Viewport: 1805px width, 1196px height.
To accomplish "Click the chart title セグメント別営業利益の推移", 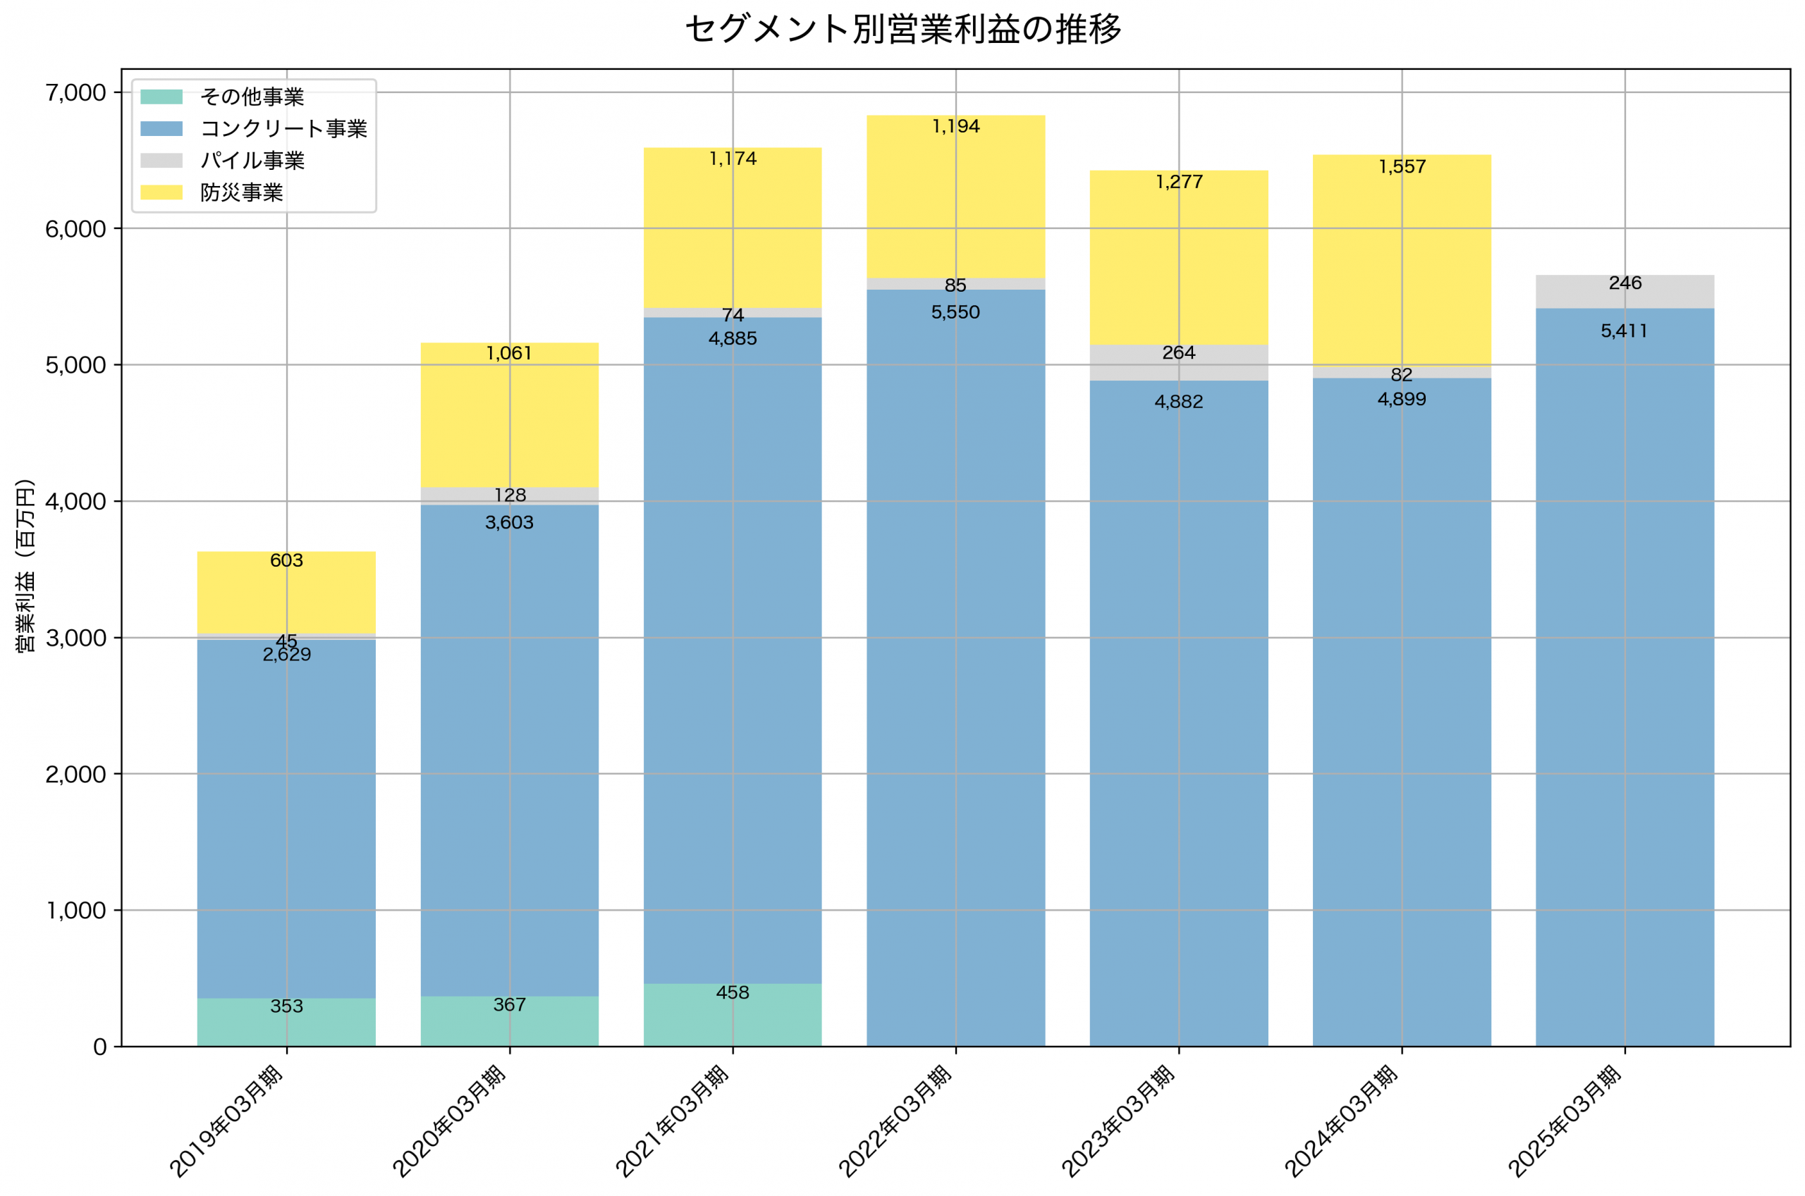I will (x=902, y=30).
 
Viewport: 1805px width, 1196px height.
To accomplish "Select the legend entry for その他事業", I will (x=252, y=97).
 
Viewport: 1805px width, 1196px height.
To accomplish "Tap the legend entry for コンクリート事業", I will (x=283, y=129).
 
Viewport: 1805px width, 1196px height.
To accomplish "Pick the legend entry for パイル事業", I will (x=252, y=161).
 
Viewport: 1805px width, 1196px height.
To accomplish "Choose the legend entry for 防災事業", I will (x=241, y=193).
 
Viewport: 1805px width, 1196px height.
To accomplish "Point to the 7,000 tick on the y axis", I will (x=75, y=93).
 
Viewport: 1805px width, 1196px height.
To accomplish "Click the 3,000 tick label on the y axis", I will (x=75, y=639).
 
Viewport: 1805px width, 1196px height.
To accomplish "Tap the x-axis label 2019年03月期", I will (x=227, y=1121).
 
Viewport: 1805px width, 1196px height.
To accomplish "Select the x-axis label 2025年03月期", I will (x=1565, y=1121).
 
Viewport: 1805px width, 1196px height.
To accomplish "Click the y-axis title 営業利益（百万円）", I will (x=26, y=566).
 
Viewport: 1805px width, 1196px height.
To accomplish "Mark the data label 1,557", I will (x=1402, y=167).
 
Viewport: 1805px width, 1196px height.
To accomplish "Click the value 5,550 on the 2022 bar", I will (x=956, y=313).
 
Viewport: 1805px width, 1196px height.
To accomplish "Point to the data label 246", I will (x=1625, y=284).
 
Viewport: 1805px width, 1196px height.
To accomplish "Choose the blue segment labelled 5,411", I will (x=1625, y=686).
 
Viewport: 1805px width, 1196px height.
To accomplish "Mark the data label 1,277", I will (x=1180, y=183).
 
